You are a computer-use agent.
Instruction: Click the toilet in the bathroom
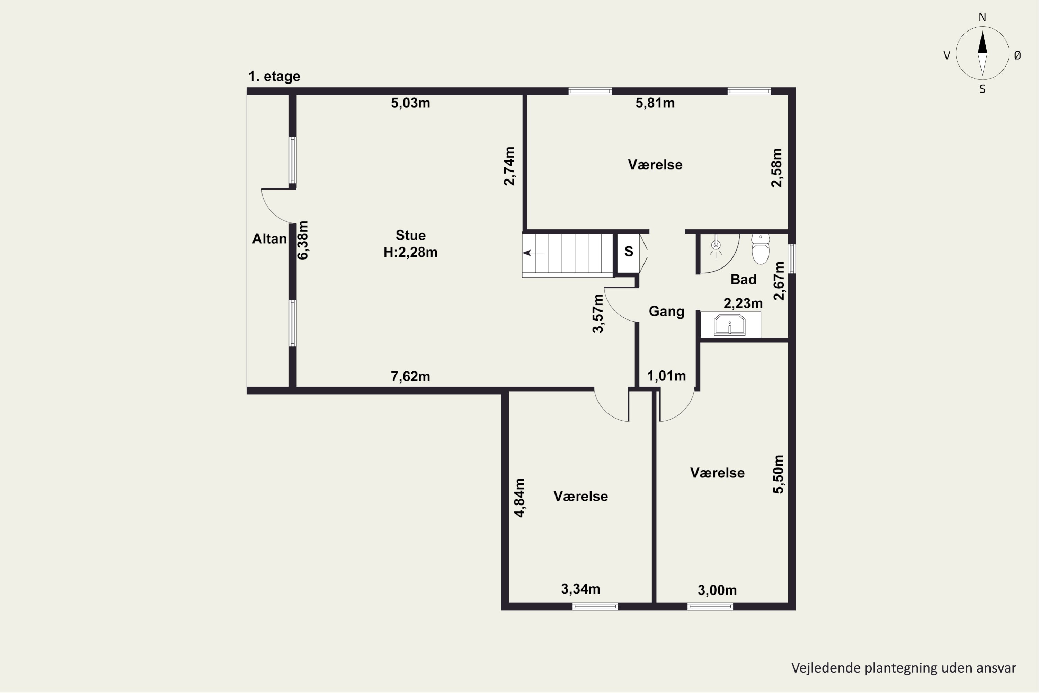(x=760, y=249)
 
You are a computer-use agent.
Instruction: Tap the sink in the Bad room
(x=729, y=325)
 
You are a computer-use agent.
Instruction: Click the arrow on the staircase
(x=533, y=253)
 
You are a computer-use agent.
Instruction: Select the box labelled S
(x=628, y=252)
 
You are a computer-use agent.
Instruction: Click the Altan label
(x=269, y=239)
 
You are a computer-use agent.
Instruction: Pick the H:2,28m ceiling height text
(x=410, y=252)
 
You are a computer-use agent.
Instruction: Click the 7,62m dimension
(x=410, y=377)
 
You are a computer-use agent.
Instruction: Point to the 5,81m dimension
(x=655, y=103)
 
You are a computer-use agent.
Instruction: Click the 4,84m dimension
(x=520, y=498)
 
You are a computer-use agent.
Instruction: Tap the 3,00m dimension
(x=717, y=590)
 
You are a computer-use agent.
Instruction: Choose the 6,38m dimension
(x=303, y=240)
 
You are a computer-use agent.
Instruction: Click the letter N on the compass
(x=983, y=17)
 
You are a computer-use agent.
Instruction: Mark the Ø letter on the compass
(x=1018, y=55)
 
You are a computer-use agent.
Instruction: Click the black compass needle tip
(x=983, y=30)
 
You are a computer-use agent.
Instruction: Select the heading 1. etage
(x=274, y=77)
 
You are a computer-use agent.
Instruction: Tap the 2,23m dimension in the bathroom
(x=743, y=303)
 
